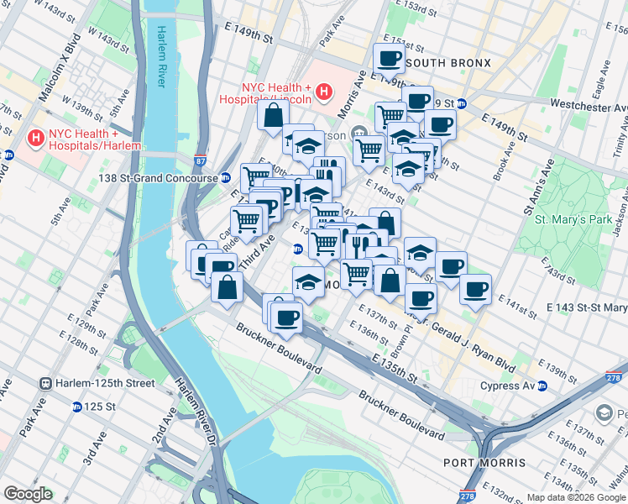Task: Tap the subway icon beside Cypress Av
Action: pyautogui.click(x=542, y=386)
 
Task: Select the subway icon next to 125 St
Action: pyautogui.click(x=77, y=407)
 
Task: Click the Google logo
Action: pyautogui.click(x=28, y=494)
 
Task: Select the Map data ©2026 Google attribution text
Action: pyautogui.click(x=575, y=496)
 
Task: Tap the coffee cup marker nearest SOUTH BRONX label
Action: pyautogui.click(x=389, y=59)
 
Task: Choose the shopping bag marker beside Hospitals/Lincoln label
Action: pyautogui.click(x=273, y=116)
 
